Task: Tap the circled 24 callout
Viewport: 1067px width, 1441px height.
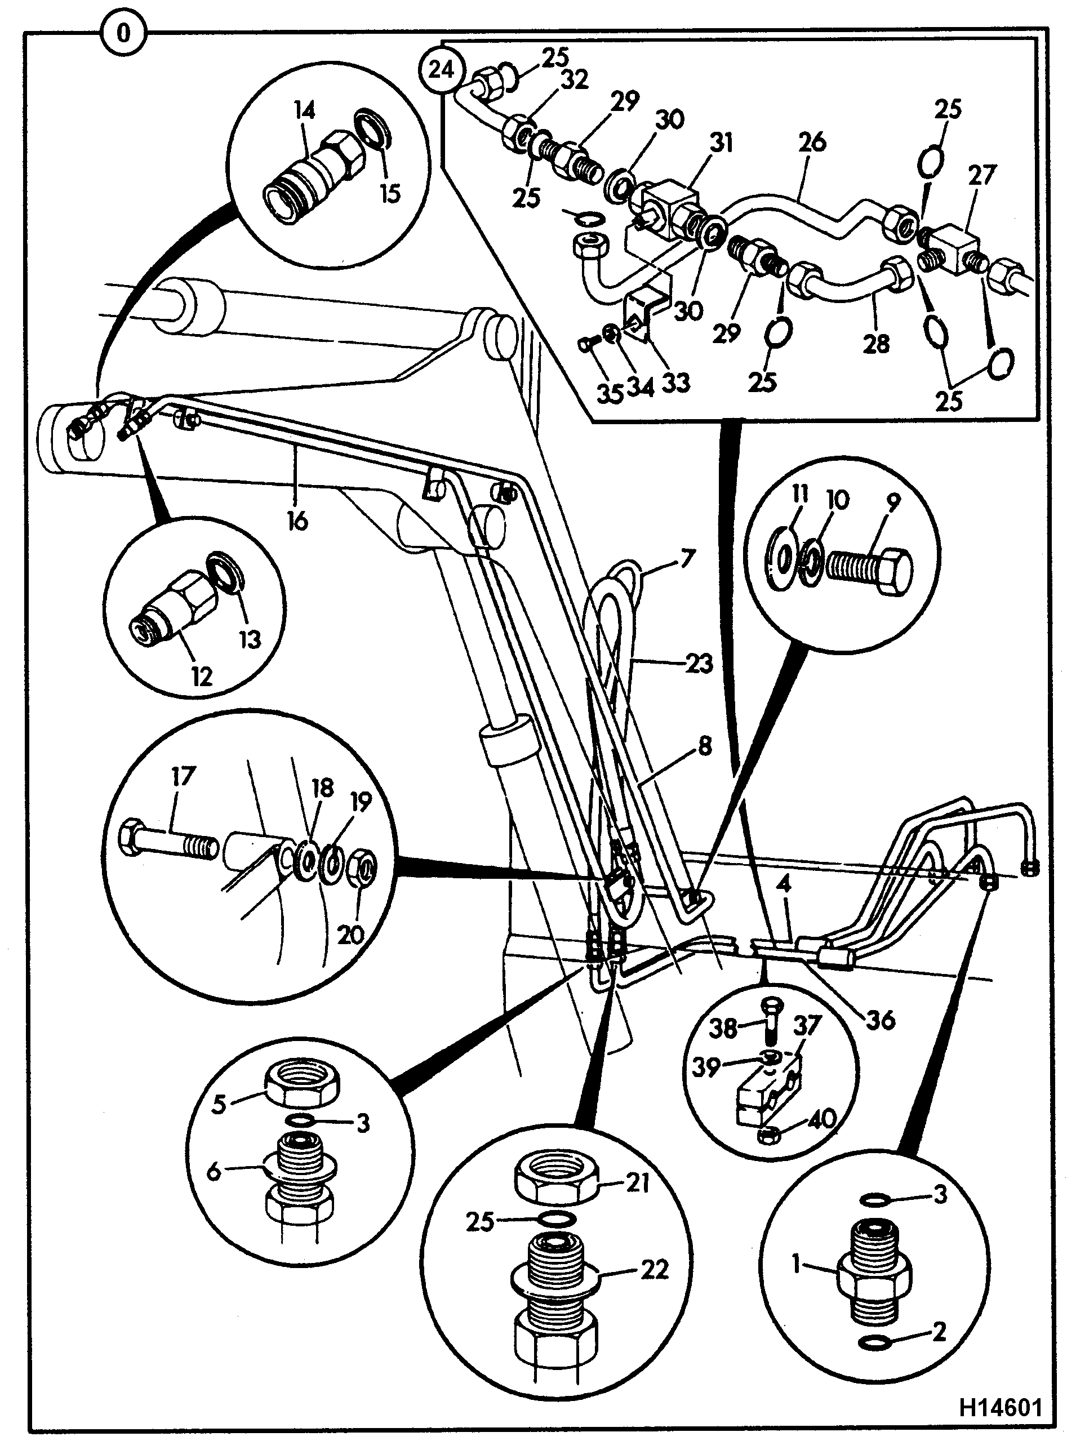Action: click(x=442, y=69)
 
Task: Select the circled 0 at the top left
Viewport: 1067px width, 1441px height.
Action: click(x=123, y=32)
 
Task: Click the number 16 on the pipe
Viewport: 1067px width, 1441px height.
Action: click(x=298, y=521)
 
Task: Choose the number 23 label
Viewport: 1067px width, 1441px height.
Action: click(x=700, y=664)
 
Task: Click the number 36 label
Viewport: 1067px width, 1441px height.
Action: click(x=882, y=1021)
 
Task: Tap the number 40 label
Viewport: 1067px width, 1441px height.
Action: click(x=823, y=1118)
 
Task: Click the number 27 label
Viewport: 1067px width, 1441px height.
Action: click(x=982, y=176)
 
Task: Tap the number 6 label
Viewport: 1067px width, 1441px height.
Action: click(x=214, y=1171)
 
